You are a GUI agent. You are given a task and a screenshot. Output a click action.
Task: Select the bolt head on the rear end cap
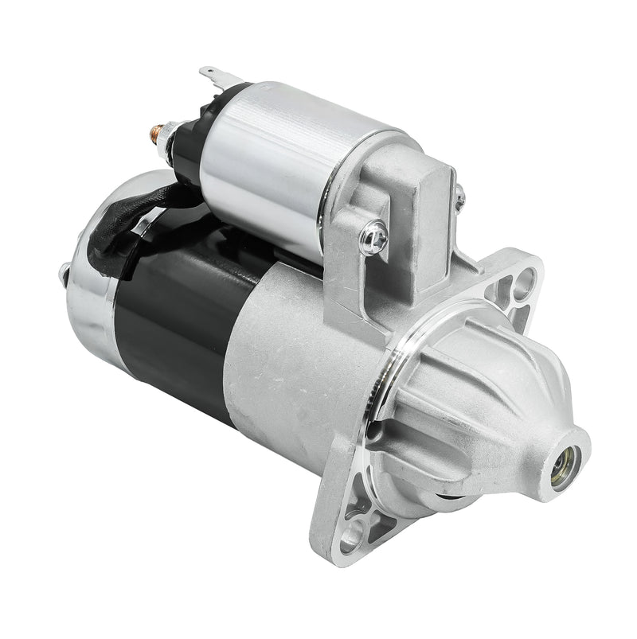click(63, 275)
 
